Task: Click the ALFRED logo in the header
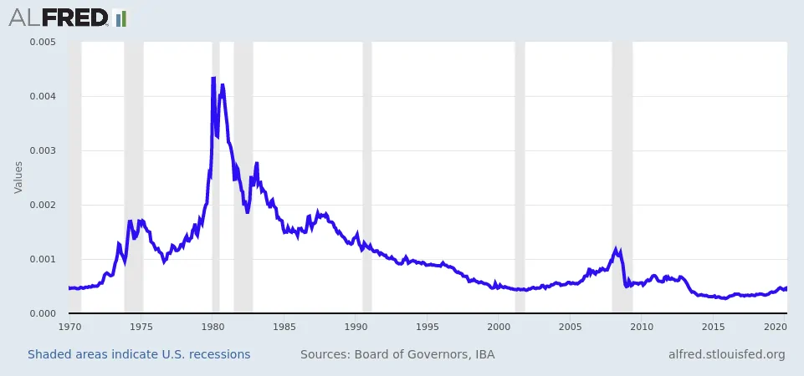coord(67,18)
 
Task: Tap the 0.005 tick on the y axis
coord(42,42)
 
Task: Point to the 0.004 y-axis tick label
coord(42,96)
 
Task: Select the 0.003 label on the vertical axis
coord(42,150)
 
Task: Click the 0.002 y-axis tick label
coord(42,205)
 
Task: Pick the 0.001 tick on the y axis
coord(42,259)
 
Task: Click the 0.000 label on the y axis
coord(42,313)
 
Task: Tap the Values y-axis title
coord(18,177)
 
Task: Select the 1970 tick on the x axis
coord(69,327)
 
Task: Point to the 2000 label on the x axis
coord(499,327)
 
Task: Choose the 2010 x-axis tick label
coord(642,327)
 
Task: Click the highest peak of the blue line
coord(213,78)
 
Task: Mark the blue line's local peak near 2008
coord(616,250)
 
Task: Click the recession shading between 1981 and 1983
coord(243,177)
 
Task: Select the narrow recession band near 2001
coord(520,177)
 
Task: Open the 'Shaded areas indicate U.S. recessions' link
coord(139,354)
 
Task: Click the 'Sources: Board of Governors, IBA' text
coord(397,354)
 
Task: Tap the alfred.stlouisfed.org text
coord(726,354)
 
